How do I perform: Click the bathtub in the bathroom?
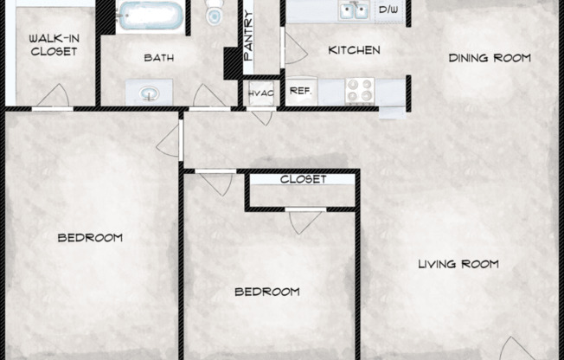click(151, 16)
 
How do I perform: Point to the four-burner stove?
click(360, 89)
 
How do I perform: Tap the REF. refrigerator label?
click(300, 90)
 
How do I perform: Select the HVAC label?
click(260, 93)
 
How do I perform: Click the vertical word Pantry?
click(249, 40)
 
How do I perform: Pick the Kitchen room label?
click(354, 50)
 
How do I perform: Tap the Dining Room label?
click(489, 58)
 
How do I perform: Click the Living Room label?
click(458, 264)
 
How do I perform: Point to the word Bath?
click(158, 58)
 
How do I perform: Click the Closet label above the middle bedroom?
click(303, 179)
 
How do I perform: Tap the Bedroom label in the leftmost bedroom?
click(90, 237)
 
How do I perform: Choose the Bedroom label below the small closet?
click(267, 292)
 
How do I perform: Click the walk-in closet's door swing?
click(54, 95)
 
